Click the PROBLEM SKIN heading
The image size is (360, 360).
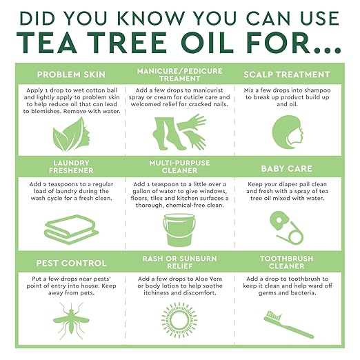point(70,74)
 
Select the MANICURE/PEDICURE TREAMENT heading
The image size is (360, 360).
point(180,74)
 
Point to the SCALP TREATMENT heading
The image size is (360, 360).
point(287,74)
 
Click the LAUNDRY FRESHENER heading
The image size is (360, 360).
point(70,169)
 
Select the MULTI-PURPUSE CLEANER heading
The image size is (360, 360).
point(180,168)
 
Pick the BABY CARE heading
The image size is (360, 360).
point(287,168)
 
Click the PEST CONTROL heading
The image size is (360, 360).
point(70,263)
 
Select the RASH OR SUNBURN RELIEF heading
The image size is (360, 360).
point(180,263)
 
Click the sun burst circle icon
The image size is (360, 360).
point(179,318)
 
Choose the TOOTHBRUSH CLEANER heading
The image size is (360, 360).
point(287,263)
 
